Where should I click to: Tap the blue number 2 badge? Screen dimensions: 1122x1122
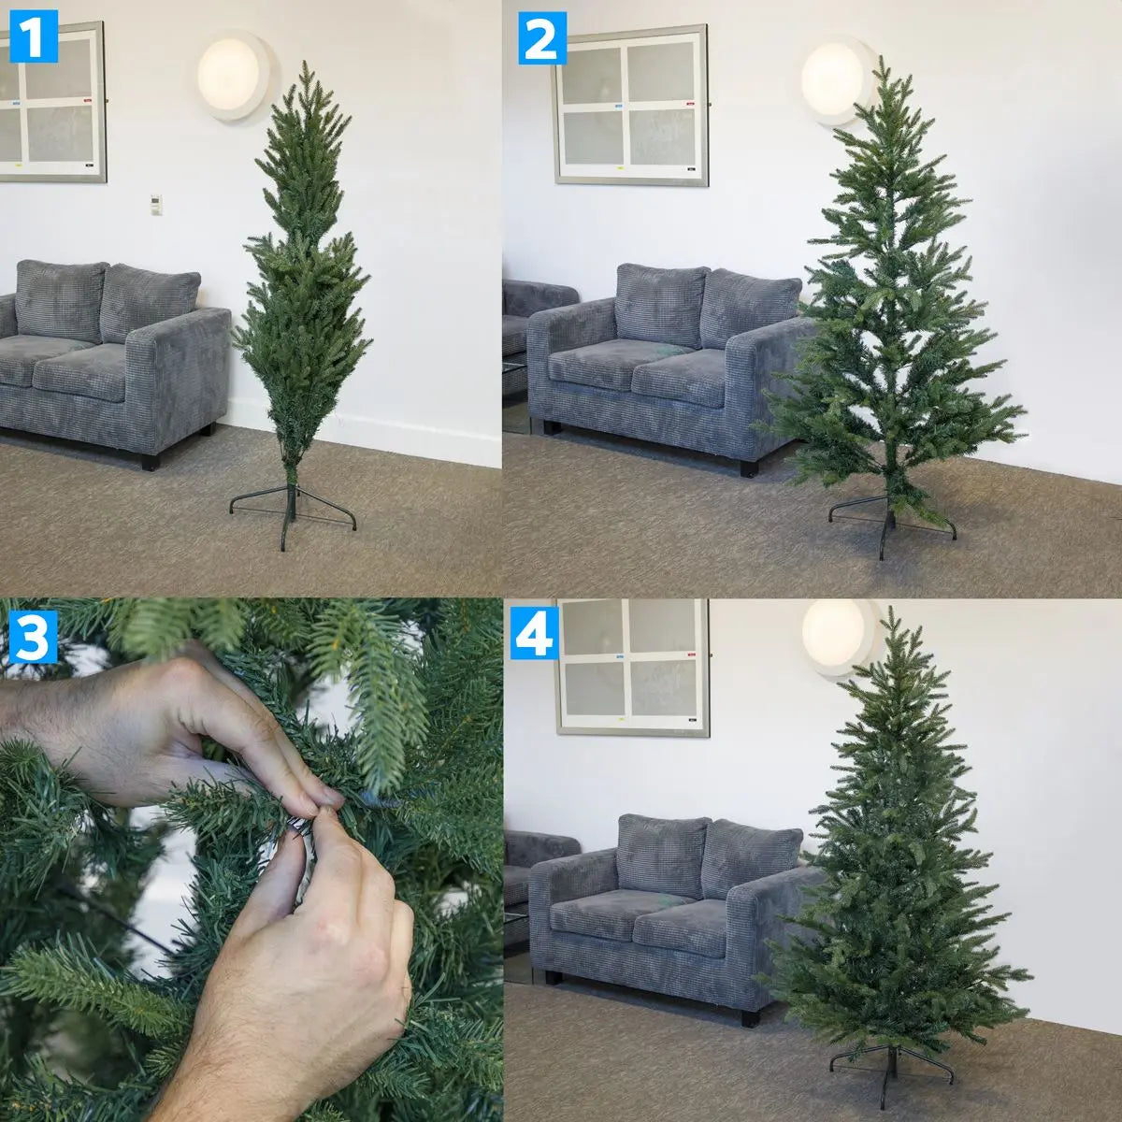(x=542, y=39)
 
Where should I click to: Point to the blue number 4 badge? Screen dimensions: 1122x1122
(x=536, y=636)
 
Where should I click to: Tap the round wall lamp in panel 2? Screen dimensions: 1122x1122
(x=834, y=80)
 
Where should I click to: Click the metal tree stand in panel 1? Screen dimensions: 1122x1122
(x=292, y=510)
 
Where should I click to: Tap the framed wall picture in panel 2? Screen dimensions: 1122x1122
(x=632, y=105)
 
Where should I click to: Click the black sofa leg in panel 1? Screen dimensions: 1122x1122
(x=150, y=459)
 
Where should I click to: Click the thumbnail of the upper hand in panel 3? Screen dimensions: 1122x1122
(x=327, y=795)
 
